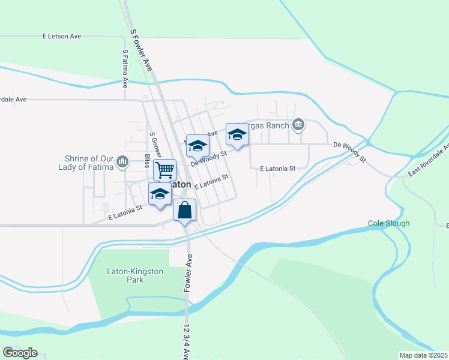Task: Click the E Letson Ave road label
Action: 62,36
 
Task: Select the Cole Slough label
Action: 388,223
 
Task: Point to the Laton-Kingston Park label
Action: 135,276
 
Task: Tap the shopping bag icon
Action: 185,211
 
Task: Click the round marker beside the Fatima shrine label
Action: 122,161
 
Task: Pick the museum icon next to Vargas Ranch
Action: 298,125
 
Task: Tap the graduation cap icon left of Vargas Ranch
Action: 237,134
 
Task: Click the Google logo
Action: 20,353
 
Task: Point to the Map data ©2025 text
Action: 423,355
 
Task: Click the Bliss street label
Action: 147,161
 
